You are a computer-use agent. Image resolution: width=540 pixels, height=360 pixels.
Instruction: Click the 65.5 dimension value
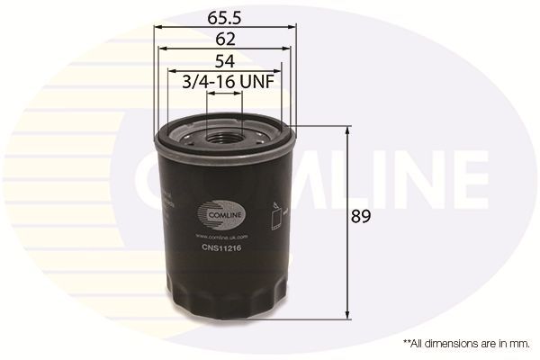click(x=225, y=15)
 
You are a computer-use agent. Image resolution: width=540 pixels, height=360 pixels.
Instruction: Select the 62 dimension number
click(x=225, y=39)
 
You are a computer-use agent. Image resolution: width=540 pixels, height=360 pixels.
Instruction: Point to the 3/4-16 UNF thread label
click(x=227, y=82)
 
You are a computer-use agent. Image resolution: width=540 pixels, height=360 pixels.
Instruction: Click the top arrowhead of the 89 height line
click(x=348, y=131)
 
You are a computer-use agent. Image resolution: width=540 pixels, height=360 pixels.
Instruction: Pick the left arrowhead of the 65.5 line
click(x=159, y=27)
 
